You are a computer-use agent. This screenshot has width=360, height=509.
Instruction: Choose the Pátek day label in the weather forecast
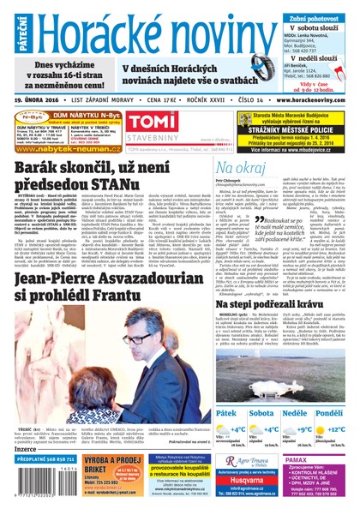[226, 414]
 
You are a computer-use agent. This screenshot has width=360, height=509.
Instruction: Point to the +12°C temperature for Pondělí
[336, 429]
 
